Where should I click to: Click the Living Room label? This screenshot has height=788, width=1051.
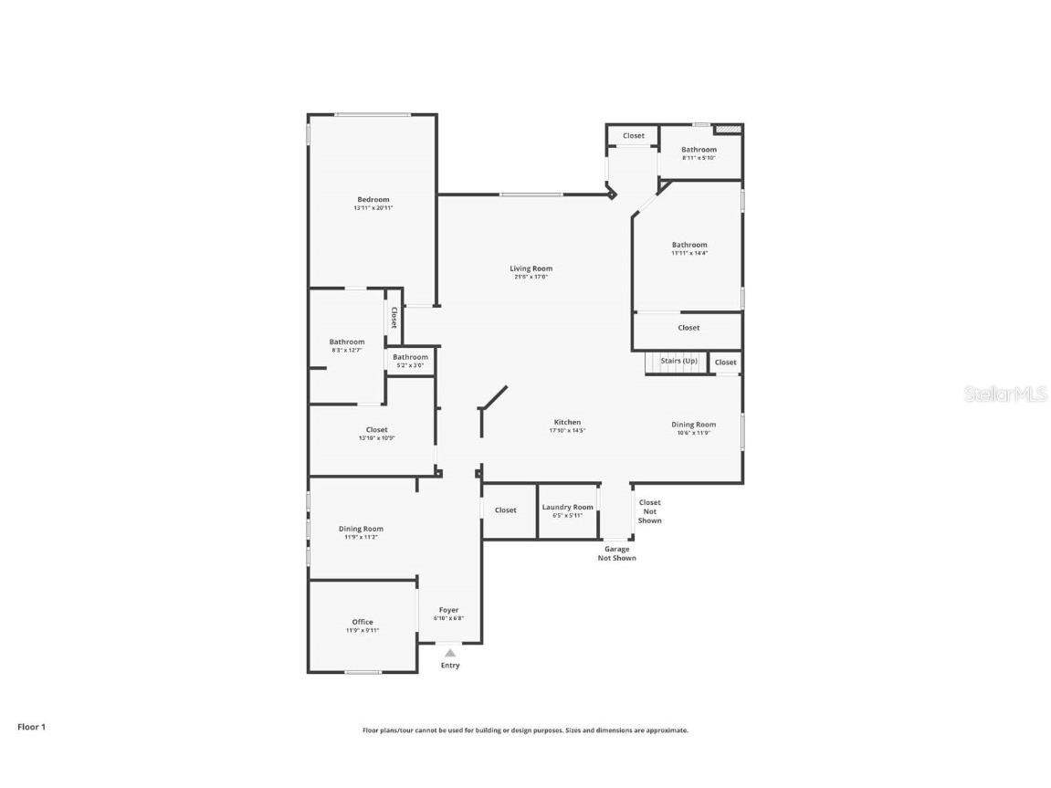531,268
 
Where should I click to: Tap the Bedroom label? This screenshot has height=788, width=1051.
373,200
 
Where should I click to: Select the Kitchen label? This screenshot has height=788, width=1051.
566,423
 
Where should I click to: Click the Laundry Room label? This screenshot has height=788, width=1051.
567,508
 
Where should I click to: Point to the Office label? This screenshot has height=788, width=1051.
362,623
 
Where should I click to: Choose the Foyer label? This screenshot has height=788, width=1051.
448,610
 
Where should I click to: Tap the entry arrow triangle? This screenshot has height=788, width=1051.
449,653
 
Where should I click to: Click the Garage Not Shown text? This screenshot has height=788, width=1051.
616,553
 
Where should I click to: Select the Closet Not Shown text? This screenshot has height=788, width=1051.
649,511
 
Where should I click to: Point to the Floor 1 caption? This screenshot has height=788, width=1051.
31,727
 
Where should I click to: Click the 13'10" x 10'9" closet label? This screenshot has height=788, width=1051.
376,430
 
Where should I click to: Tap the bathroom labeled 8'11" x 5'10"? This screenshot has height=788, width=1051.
699,150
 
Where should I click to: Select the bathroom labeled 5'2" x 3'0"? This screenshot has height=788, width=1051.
410,358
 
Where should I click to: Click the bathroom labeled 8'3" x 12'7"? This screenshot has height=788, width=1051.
347,342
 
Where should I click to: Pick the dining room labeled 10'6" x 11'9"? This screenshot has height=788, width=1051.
693,425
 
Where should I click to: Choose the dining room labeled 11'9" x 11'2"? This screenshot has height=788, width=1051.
361,530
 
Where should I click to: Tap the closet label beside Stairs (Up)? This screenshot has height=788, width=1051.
725,362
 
